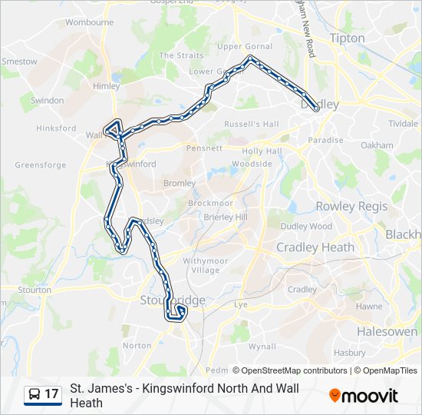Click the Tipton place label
click(x=347, y=38)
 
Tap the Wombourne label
click(x=90, y=22)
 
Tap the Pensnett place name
click(x=205, y=148)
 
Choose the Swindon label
click(x=47, y=101)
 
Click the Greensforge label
click(x=40, y=164)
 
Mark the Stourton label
click(x=35, y=290)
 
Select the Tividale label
click(x=403, y=123)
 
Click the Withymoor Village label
click(x=201, y=265)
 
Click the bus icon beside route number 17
click(x=35, y=394)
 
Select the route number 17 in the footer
click(x=51, y=394)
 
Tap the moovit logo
click(x=364, y=396)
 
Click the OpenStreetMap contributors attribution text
click(x=289, y=370)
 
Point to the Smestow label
click(x=19, y=61)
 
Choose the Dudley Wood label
click(x=306, y=227)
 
